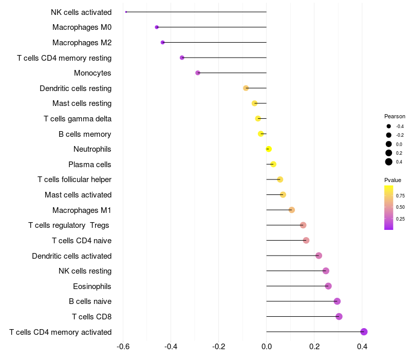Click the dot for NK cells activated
pos(126,12)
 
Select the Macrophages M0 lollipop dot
pos(157,27)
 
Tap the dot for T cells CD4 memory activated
pos(364,332)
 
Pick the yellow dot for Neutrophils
pos(269,149)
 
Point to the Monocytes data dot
pos(198,73)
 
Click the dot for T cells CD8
pos(339,316)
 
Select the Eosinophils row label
pos(92,286)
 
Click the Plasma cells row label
pos(90,165)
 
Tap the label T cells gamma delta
pos(78,119)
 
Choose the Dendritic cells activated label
pos(72,256)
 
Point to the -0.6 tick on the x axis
pos(123,347)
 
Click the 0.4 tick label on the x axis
pos(362,347)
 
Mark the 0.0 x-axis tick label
pos(267,347)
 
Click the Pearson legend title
pos(395,116)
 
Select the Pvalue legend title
pos(393,180)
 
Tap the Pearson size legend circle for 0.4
pos(389,162)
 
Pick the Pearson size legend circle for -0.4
pos(389,127)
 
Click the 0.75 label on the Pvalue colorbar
pos(400,195)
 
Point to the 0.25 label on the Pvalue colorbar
pos(400,219)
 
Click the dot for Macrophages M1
pos(292,210)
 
